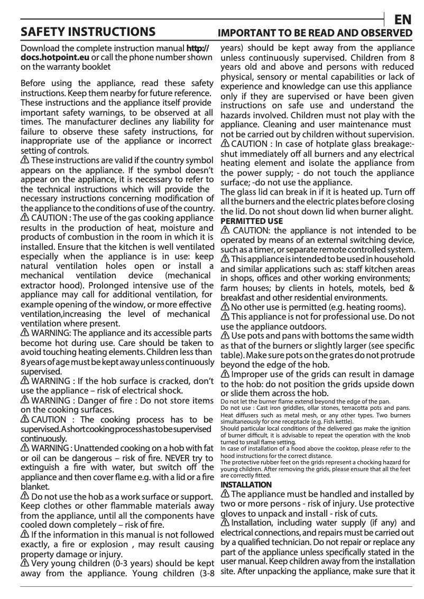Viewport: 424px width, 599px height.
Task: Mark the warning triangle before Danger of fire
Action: point(25,400)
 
